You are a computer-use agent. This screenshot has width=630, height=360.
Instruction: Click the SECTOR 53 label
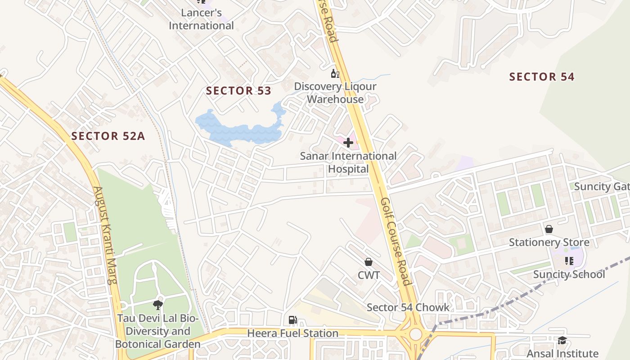click(238, 91)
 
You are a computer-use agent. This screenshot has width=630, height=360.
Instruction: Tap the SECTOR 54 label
click(542, 77)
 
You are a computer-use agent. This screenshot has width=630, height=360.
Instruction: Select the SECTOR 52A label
click(108, 136)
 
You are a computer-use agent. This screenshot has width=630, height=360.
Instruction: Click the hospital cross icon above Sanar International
click(348, 143)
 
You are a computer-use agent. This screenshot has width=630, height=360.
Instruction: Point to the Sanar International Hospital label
click(348, 162)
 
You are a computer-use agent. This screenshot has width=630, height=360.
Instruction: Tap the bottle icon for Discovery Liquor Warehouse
click(335, 74)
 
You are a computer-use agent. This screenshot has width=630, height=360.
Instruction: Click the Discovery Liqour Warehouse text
click(335, 93)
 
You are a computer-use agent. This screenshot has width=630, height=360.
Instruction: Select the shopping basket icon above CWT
click(369, 262)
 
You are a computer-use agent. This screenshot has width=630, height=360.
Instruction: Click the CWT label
click(369, 274)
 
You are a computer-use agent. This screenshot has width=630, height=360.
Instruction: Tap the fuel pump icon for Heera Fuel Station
click(292, 320)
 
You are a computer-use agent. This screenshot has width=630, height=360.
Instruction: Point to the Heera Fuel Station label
click(292, 333)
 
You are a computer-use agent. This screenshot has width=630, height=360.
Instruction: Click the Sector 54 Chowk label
click(408, 307)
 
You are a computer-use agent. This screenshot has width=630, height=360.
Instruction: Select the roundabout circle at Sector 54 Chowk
click(416, 334)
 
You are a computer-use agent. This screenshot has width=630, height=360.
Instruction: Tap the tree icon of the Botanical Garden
click(157, 305)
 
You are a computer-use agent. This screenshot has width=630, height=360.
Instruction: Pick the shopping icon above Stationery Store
click(549, 229)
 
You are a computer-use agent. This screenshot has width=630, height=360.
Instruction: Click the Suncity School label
click(569, 274)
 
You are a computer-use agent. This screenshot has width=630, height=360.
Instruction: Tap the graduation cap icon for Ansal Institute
click(562, 340)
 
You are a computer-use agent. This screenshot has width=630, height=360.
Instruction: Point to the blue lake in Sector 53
click(238, 128)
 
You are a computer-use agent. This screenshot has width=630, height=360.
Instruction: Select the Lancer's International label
click(201, 19)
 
